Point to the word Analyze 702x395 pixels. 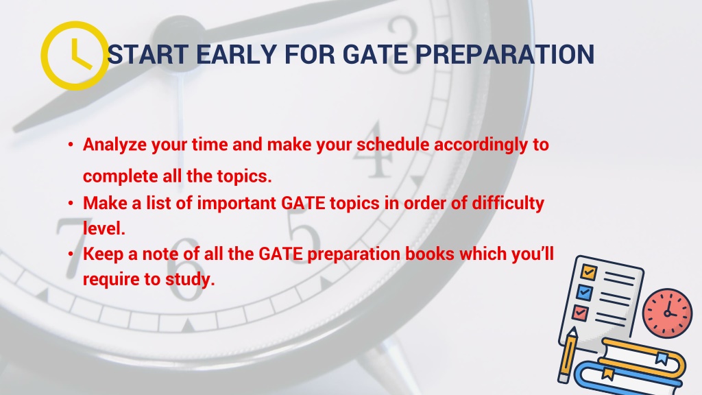(114, 145)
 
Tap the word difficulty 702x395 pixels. (508, 204)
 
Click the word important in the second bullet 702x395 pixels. (237, 204)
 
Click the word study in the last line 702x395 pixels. (190, 280)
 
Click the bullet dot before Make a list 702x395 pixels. (71, 203)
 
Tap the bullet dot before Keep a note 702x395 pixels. (71, 254)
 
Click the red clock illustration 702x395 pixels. (667, 313)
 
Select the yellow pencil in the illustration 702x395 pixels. (567, 355)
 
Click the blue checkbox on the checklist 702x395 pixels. (584, 293)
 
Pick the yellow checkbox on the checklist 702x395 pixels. (588, 272)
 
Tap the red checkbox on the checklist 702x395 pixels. (580, 313)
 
